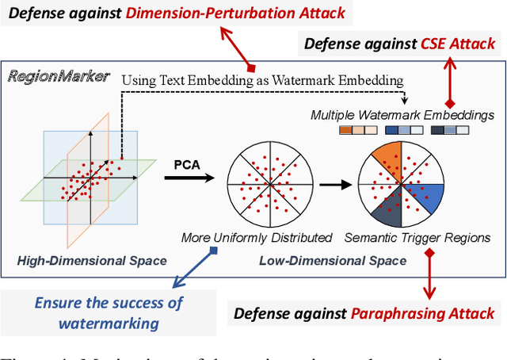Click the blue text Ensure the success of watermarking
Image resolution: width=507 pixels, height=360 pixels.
tap(109, 312)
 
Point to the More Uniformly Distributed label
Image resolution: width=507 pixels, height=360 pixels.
tap(257, 237)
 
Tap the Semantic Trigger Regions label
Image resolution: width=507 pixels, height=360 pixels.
tap(417, 237)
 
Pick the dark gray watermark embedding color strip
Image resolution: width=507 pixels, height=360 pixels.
tap(447, 132)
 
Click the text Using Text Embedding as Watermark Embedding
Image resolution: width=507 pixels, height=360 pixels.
tap(263, 79)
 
